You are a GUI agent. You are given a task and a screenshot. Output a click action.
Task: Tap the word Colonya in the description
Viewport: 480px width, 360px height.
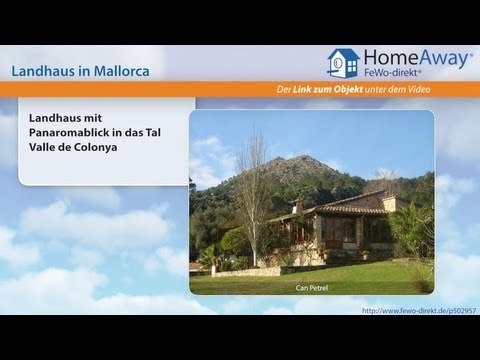pyautogui.click(x=116, y=147)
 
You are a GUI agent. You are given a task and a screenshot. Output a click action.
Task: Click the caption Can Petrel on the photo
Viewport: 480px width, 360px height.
pyautogui.click(x=312, y=288)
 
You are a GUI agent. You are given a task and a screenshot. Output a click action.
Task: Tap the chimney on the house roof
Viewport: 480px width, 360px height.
pyautogui.click(x=297, y=204)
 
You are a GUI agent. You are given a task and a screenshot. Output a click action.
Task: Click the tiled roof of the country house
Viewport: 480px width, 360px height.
pyautogui.click(x=345, y=207)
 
